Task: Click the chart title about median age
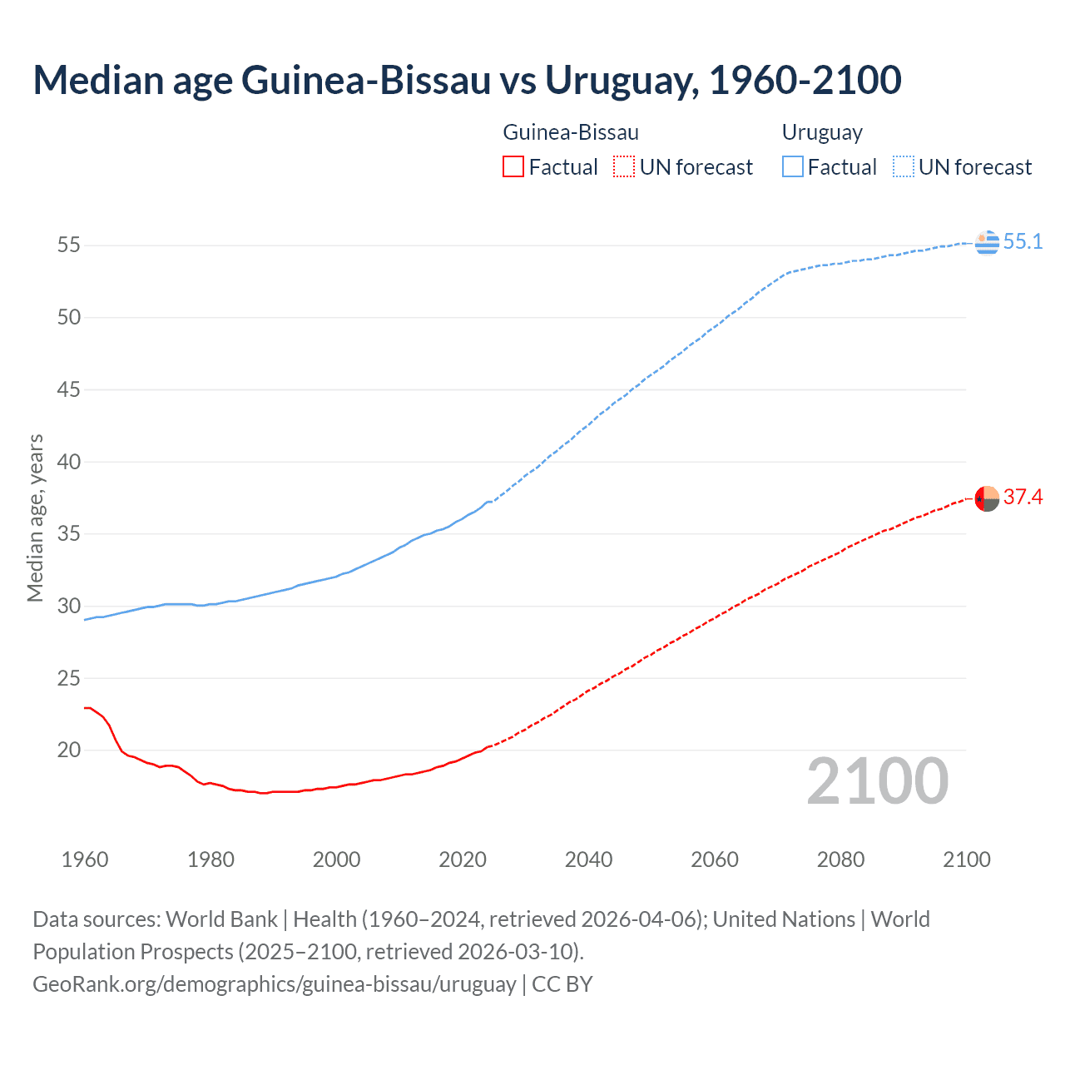[467, 80]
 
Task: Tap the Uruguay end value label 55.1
[1023, 241]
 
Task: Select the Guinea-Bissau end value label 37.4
[1023, 497]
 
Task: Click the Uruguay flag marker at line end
[987, 242]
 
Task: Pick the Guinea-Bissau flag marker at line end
[987, 498]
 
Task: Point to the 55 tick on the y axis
[68, 245]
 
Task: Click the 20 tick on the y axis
[68, 750]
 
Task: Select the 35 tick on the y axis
[68, 533]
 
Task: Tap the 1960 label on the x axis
[85, 859]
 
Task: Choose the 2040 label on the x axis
[588, 859]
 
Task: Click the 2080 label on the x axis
[840, 859]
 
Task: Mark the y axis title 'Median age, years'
[35, 518]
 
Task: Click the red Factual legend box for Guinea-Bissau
[513, 167]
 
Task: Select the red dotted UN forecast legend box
[624, 167]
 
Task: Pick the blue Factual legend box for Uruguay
[792, 167]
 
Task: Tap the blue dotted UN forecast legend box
[903, 167]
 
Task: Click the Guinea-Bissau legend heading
[571, 132]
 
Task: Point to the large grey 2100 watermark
[877, 781]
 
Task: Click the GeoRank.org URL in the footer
[275, 983]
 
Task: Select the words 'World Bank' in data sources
[221, 919]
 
